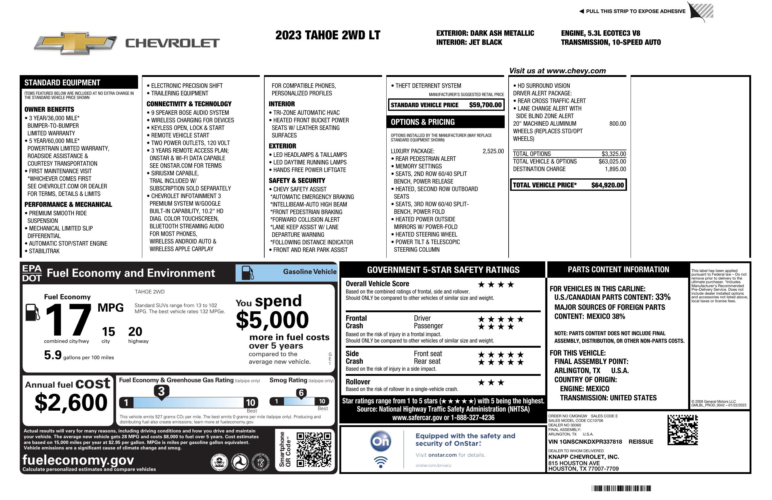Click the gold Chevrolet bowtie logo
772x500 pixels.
tap(75, 43)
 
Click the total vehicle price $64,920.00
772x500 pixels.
tap(607, 185)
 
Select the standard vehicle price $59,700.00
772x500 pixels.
tap(485, 105)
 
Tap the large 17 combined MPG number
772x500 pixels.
tap(68, 320)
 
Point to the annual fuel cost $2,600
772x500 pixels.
tap(71, 402)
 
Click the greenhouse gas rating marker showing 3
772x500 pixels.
tap(161, 391)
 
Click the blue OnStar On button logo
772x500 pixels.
tap(381, 441)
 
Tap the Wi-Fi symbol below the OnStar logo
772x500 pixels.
tap(381, 462)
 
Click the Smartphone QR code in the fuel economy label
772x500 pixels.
tap(314, 449)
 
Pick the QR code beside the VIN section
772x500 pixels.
tap(682, 430)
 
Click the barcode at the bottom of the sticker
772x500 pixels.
tap(621, 488)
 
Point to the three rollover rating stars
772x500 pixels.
tap(491, 382)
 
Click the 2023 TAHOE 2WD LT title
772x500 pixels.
tap(328, 35)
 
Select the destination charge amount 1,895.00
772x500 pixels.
tap(615, 169)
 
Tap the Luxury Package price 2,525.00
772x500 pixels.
tap(493, 151)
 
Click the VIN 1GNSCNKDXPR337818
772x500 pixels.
tap(585, 442)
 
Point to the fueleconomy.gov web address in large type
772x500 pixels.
tap(78, 460)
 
